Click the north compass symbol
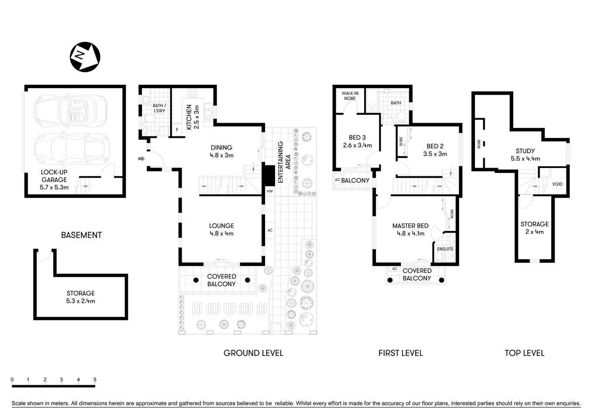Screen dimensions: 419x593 pyautogui.click(x=85, y=56)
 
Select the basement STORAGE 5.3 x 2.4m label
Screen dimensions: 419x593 pyautogui.click(x=81, y=297)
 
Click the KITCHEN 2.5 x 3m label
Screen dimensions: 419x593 pyautogui.click(x=192, y=117)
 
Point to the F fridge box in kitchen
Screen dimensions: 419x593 pyautogui.click(x=177, y=130)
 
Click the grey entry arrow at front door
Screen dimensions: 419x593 pyautogui.click(x=141, y=158)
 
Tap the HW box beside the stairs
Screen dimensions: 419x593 pyautogui.click(x=269, y=191)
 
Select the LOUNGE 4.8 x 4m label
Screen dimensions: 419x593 pyautogui.click(x=221, y=229)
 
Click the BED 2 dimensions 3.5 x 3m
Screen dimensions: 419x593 pyautogui.click(x=435, y=154)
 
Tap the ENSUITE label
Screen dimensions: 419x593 pyautogui.click(x=445, y=249)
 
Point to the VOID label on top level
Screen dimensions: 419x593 pyautogui.click(x=557, y=184)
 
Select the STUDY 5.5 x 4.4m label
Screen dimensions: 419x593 pyautogui.click(x=525, y=155)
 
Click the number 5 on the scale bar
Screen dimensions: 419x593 pyautogui.click(x=95, y=380)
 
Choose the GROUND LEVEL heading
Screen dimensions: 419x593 pyautogui.click(x=253, y=353)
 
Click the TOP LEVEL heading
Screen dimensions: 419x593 pyautogui.click(x=524, y=353)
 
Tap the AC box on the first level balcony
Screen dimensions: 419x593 pyautogui.click(x=337, y=180)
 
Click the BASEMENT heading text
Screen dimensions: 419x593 pyautogui.click(x=81, y=235)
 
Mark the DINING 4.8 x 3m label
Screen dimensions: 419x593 pyautogui.click(x=221, y=151)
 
